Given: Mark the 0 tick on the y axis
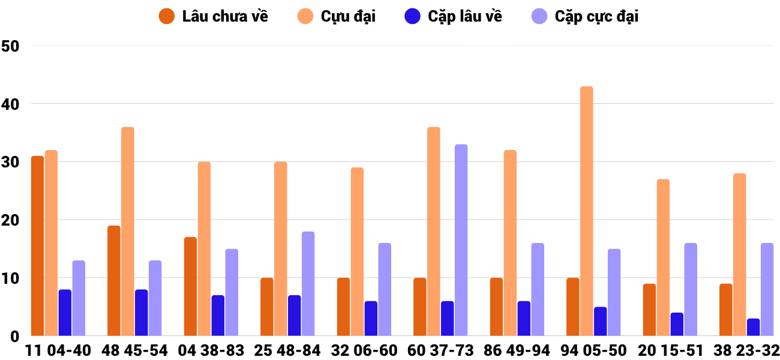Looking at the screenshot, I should [15, 337].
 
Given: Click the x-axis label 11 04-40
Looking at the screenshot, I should [58, 350].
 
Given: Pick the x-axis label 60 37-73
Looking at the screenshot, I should [440, 350].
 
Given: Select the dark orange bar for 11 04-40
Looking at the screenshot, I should [37, 246].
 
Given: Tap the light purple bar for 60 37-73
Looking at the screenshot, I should [461, 240].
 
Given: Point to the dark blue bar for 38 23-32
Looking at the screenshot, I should [754, 327].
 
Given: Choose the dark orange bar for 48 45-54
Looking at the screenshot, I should [114, 281].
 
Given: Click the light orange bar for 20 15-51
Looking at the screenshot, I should [663, 257].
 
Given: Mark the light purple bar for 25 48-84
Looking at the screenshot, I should [308, 284].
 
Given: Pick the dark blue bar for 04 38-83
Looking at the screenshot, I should [218, 316].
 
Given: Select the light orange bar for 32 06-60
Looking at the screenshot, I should [357, 252].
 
